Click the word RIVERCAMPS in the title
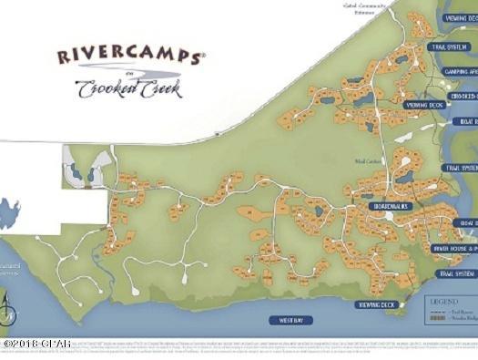tap(129, 57)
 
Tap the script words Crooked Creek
tap(128, 90)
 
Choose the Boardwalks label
tap(392, 207)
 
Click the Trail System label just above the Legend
tap(453, 273)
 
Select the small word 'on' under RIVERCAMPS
tap(128, 73)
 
